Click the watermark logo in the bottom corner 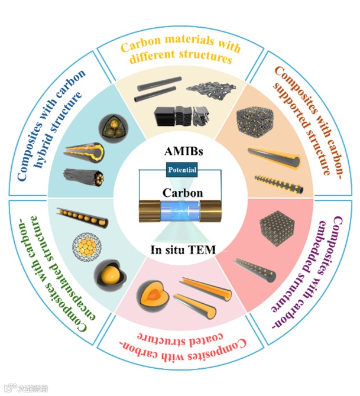tap(19, 388)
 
